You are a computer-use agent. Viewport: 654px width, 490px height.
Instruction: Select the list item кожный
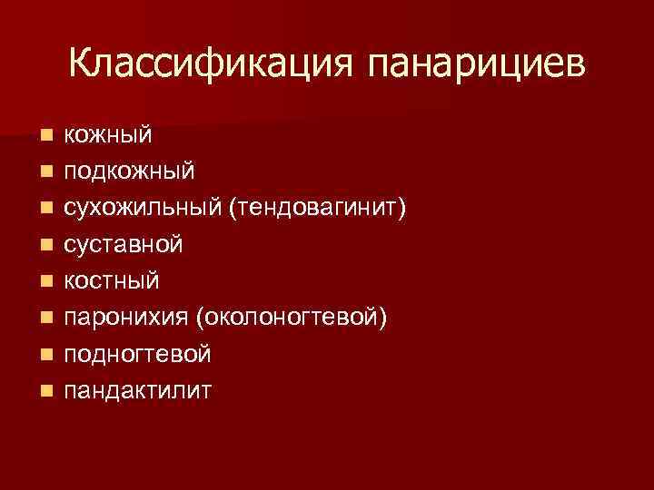tap(107, 135)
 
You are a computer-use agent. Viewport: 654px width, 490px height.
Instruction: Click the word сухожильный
tap(142, 209)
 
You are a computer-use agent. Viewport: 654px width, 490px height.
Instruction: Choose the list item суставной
tap(123, 245)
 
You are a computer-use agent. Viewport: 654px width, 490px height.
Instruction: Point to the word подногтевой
tap(136, 355)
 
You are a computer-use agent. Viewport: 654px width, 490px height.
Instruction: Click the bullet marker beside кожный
tap(45, 136)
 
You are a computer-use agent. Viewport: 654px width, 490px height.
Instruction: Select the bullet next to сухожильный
tap(45, 210)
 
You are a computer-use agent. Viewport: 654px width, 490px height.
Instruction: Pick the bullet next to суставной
tap(45, 246)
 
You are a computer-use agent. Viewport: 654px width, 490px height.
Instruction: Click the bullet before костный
tap(45, 282)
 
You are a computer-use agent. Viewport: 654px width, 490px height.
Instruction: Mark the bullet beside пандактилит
tap(45, 392)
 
